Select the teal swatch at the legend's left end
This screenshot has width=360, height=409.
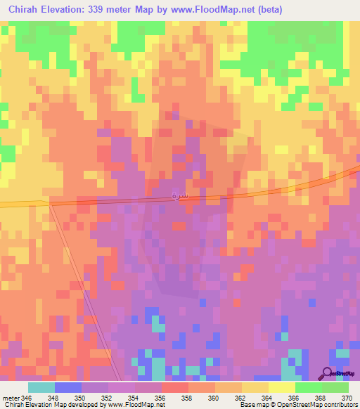[x=41, y=388]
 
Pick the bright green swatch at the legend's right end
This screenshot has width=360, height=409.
[x=335, y=388]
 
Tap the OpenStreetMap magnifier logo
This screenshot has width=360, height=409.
[x=327, y=374]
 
